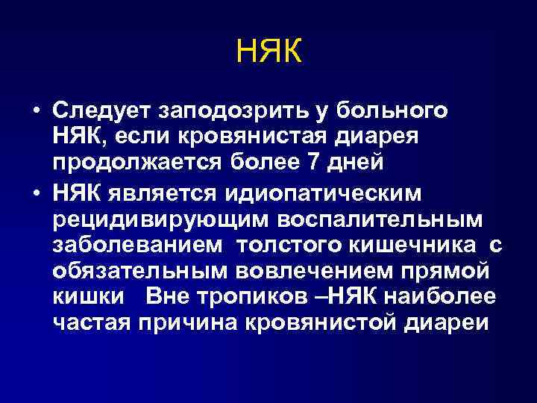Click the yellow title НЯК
point(268,52)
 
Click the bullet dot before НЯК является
point(35,193)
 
